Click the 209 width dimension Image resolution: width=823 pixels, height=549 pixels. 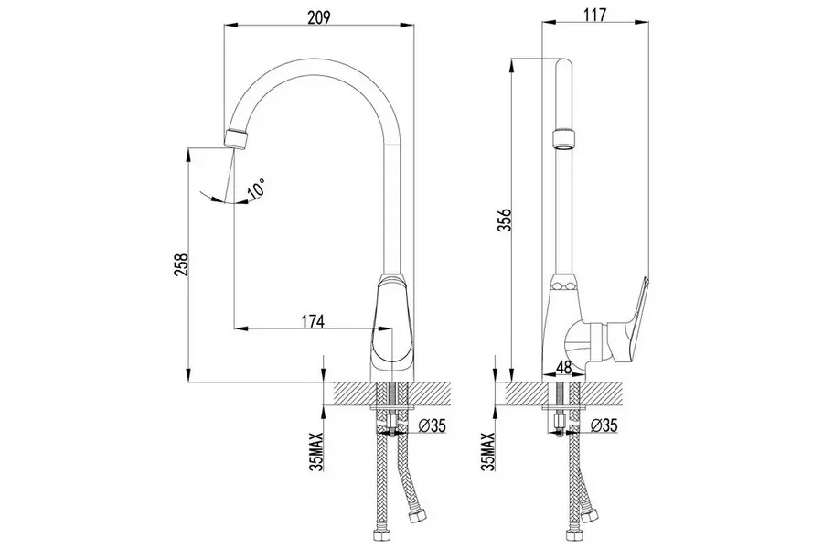click(318, 17)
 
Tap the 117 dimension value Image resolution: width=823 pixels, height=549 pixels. click(594, 15)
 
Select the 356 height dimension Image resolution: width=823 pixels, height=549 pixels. click(504, 221)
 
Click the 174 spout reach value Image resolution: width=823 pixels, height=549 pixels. click(313, 321)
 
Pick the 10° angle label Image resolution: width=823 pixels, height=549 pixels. click(257, 188)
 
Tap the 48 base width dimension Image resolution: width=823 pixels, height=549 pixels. click(563, 367)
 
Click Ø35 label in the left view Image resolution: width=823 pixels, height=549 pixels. click(433, 425)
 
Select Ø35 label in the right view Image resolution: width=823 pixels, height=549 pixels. click(604, 425)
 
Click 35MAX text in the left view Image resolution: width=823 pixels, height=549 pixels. click(317, 451)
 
